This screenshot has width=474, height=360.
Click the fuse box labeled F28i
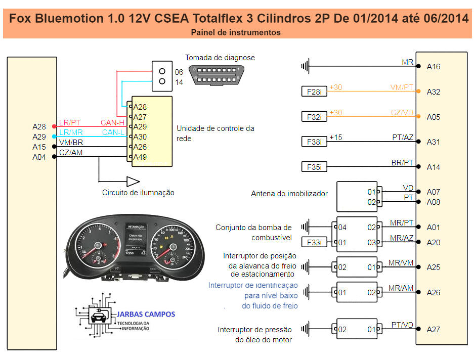click(314, 92)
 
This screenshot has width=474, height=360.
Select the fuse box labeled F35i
click(314, 166)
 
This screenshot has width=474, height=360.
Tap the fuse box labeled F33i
click(314, 243)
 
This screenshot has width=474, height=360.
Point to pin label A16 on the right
click(434, 66)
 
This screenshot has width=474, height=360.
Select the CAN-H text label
click(113, 122)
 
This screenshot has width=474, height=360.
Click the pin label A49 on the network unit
click(140, 157)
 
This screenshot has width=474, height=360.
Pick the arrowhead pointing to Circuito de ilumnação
click(133, 181)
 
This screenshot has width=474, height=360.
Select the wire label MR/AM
click(401, 288)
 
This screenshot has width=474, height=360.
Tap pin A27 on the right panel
click(434, 329)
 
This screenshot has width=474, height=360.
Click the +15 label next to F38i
click(335, 137)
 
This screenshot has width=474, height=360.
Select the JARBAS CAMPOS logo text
click(147, 314)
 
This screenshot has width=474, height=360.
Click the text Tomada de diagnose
click(220, 58)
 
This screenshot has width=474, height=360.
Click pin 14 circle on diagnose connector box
click(162, 81)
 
